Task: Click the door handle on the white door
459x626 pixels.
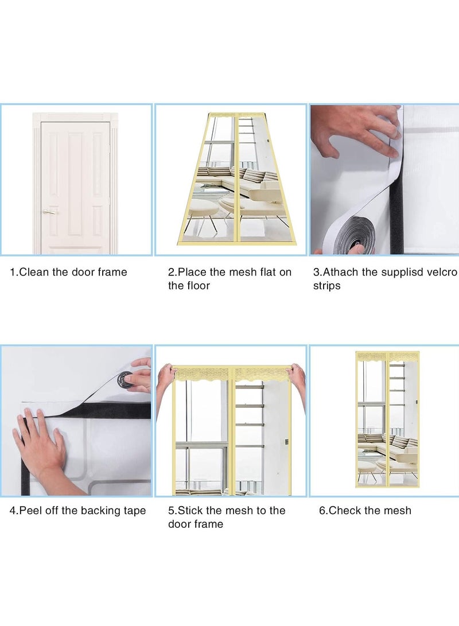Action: [49, 212]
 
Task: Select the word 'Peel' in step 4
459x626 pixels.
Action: [30, 511]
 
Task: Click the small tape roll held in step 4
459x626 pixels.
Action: [125, 380]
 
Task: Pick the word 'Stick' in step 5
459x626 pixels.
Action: [190, 511]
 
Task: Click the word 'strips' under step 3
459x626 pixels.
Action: [327, 286]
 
